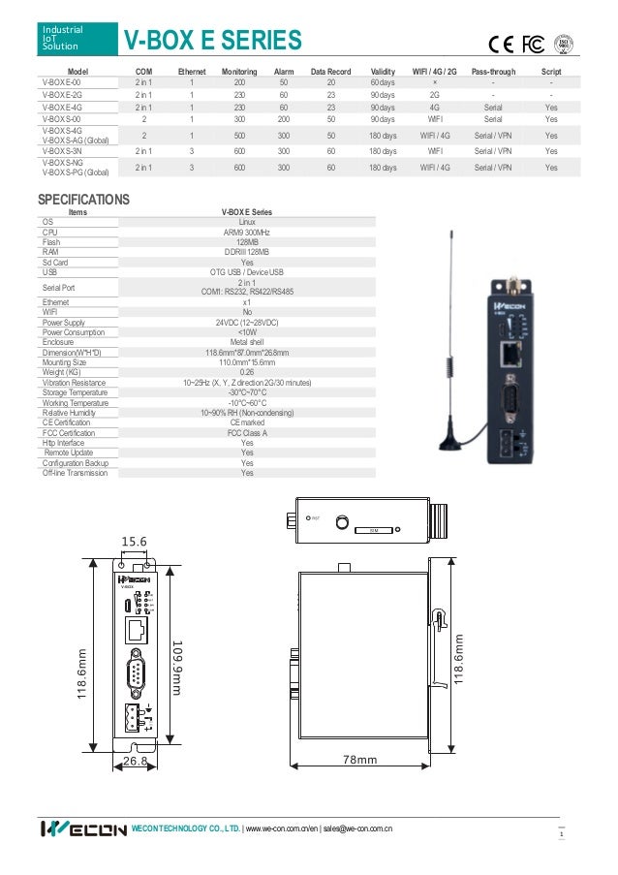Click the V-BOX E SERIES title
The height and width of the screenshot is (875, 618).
(212, 41)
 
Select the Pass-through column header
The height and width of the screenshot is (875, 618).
(492, 72)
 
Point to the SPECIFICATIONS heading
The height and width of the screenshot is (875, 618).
(83, 199)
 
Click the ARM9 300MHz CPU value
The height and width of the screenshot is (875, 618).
(247, 233)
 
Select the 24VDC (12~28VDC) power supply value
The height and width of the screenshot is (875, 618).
(247, 322)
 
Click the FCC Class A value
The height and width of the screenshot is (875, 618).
(247, 433)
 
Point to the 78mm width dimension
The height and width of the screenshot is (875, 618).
(359, 760)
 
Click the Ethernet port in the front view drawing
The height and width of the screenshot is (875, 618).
(135, 630)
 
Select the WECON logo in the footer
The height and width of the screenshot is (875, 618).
(83, 830)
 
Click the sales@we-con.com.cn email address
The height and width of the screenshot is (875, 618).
(357, 830)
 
